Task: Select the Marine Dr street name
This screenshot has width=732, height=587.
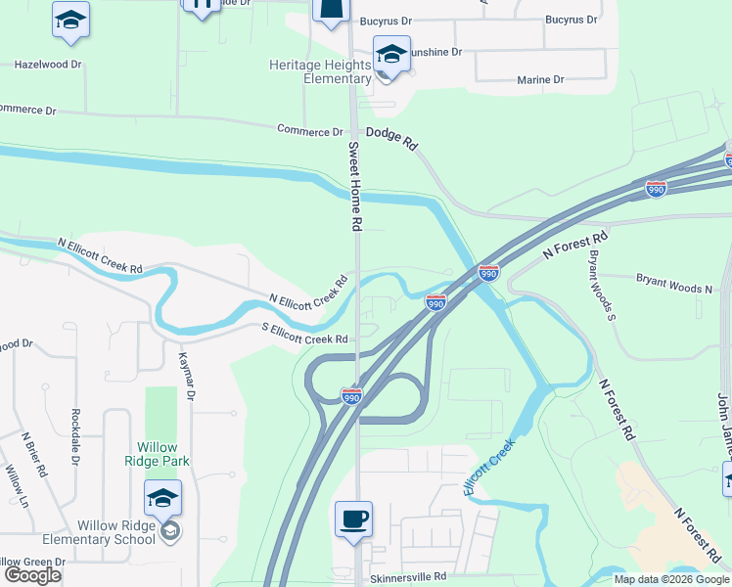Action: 541,79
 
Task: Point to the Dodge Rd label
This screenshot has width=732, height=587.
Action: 391,137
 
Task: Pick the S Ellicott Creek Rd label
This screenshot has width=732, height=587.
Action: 304,334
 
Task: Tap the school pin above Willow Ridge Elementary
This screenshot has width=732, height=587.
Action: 163,499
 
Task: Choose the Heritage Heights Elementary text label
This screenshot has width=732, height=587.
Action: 321,71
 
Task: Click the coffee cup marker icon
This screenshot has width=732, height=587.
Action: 352,519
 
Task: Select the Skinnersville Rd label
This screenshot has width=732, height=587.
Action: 408,578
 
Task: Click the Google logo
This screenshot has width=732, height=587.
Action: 33,575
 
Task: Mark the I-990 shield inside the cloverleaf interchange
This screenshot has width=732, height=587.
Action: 352,396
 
